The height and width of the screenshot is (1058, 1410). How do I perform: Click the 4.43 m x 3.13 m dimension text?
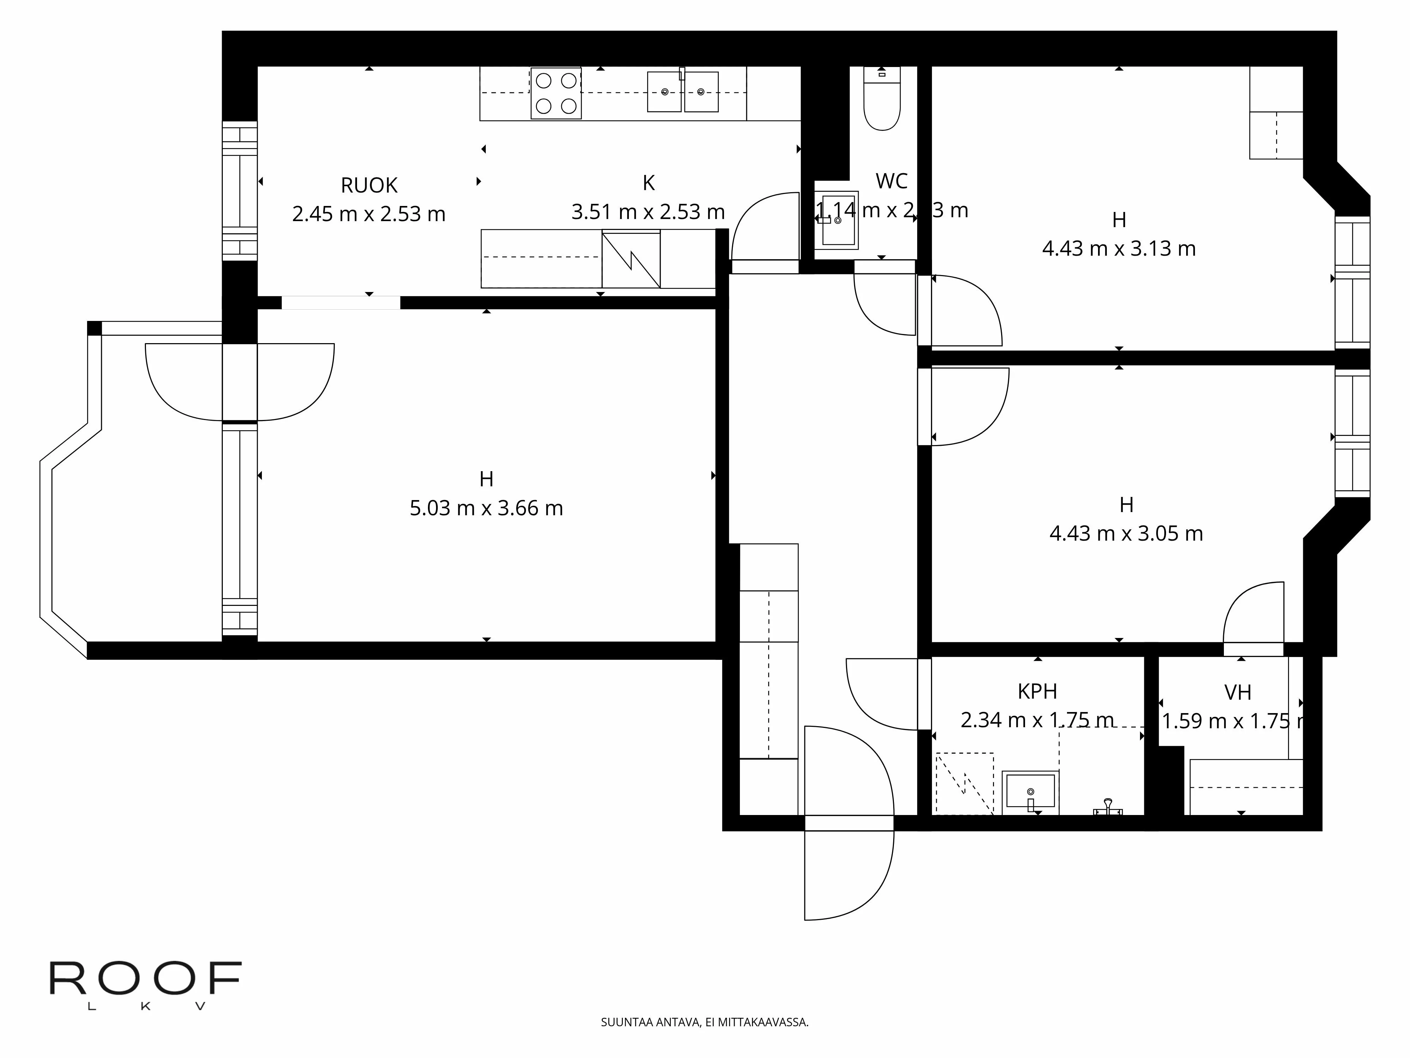coord(1119,248)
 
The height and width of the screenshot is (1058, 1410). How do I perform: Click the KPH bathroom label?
coord(1037,691)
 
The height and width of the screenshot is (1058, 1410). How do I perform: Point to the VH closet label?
coord(1237,693)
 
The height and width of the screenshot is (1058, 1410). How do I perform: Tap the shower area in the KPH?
coord(964,784)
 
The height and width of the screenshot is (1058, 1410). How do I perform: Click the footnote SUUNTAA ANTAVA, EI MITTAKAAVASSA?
coord(704,1022)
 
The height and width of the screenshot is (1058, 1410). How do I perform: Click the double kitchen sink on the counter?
coord(682,92)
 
